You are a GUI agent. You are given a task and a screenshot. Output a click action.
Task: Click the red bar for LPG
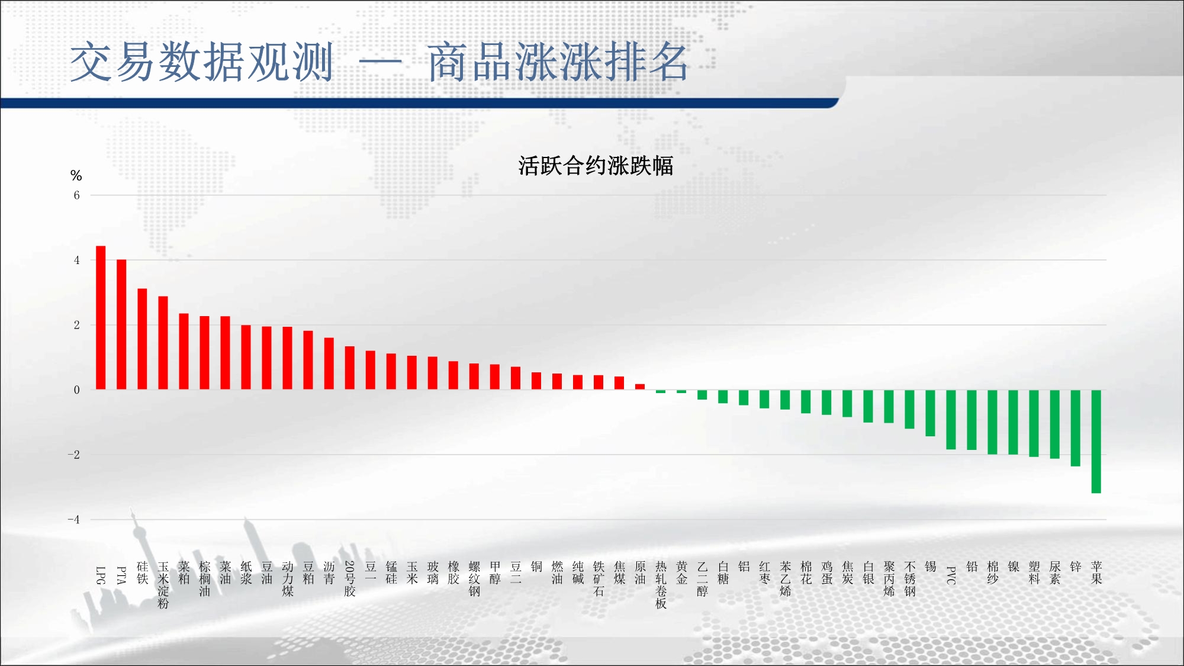pyautogui.click(x=101, y=318)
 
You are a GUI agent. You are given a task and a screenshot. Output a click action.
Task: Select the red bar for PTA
pyautogui.click(x=121, y=324)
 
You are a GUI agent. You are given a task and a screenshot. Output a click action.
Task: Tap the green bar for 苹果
pyautogui.click(x=1096, y=442)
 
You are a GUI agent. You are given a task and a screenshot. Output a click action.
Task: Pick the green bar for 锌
pyautogui.click(x=1076, y=428)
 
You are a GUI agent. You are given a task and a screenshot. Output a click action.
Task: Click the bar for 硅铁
pyautogui.click(x=142, y=339)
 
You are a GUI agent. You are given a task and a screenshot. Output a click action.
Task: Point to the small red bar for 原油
pyautogui.click(x=640, y=387)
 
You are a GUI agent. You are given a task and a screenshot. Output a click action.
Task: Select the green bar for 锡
pyautogui.click(x=931, y=413)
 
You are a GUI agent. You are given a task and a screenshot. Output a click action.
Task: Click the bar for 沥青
pyautogui.click(x=329, y=363)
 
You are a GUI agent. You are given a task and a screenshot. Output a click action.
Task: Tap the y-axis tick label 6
pyautogui.click(x=76, y=195)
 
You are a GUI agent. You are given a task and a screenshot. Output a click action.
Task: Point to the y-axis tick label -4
pyautogui.click(x=73, y=520)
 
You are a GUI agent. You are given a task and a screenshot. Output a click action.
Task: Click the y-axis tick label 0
pyautogui.click(x=76, y=390)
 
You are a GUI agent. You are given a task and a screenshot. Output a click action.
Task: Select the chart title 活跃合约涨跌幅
pyautogui.click(x=596, y=166)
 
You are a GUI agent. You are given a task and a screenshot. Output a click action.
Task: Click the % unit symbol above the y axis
pyautogui.click(x=76, y=175)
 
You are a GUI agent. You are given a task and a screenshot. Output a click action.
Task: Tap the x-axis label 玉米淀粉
pyautogui.click(x=163, y=585)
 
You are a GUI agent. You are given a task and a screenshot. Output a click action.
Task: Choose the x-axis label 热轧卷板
pyautogui.click(x=661, y=585)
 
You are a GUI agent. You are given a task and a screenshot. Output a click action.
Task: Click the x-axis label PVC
pyautogui.click(x=951, y=575)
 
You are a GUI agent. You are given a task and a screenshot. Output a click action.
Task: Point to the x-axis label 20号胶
pyautogui.click(x=350, y=579)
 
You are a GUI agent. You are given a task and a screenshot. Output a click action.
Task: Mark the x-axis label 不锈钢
pyautogui.click(x=910, y=579)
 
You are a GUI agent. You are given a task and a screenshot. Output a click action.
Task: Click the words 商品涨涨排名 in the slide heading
pyautogui.click(x=558, y=62)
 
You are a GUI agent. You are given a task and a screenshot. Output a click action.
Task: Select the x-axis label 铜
pyautogui.click(x=536, y=567)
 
